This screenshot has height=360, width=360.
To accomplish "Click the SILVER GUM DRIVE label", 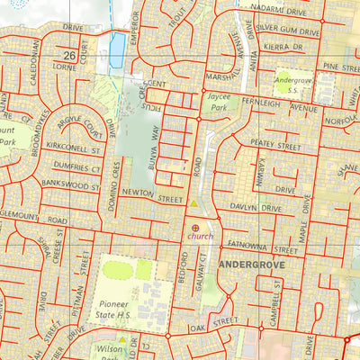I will pos(287,31).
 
